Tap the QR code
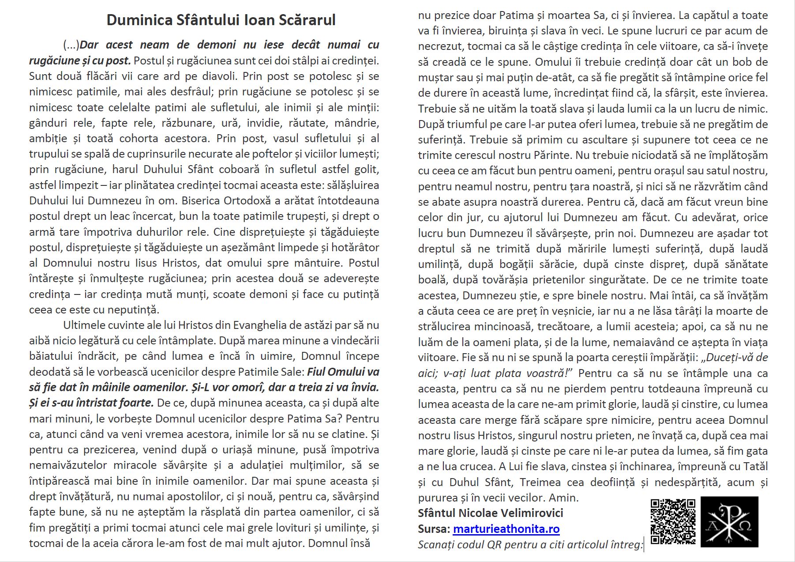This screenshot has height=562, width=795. [673, 521]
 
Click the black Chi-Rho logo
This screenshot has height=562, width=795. [729, 521]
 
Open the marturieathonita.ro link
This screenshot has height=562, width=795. [506, 529]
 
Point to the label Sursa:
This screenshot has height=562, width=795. [434, 529]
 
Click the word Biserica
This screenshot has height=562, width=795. [200, 201]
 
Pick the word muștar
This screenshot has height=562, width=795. [436, 78]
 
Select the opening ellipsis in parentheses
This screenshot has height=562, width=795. [71, 45]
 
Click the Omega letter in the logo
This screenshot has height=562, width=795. [745, 526]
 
